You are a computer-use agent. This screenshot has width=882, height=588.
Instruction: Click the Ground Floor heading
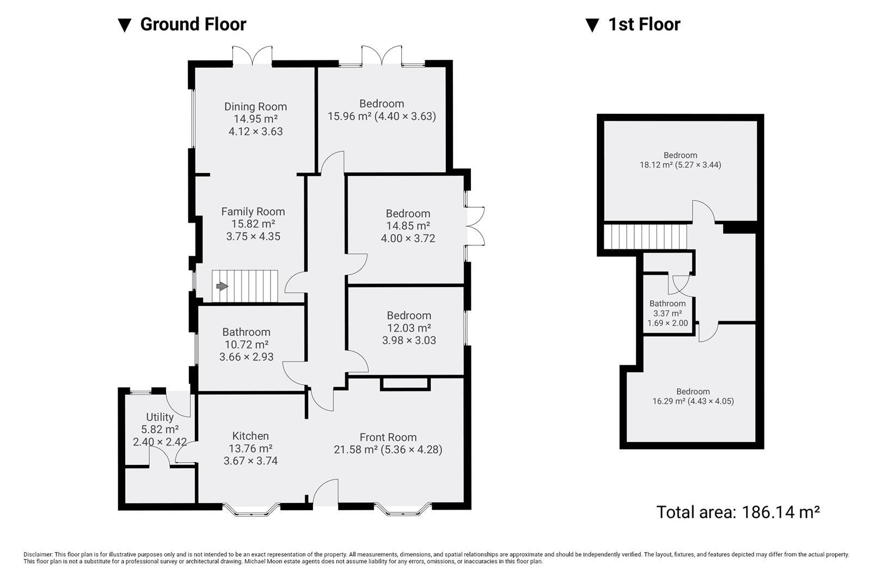[193, 24]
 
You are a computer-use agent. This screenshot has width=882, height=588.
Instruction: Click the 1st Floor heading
[644, 24]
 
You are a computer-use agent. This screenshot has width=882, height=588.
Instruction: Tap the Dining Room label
[255, 107]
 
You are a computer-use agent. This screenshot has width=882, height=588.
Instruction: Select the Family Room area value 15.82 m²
[253, 224]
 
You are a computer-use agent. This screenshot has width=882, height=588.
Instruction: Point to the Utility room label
[160, 417]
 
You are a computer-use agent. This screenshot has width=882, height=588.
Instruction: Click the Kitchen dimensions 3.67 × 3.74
[250, 461]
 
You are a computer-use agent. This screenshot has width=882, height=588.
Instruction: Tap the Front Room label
[388, 437]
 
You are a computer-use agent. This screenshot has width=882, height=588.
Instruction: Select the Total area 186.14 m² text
[738, 512]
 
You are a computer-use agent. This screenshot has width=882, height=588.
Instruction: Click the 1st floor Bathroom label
[667, 304]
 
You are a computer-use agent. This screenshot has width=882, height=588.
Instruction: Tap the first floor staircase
[646, 237]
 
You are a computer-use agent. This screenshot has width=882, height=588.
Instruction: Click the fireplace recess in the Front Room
[406, 383]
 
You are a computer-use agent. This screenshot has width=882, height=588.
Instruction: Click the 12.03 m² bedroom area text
[408, 328]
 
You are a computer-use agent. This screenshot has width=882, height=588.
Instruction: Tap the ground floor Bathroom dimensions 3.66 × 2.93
[246, 357]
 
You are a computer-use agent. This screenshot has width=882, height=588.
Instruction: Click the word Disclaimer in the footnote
[38, 554]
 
